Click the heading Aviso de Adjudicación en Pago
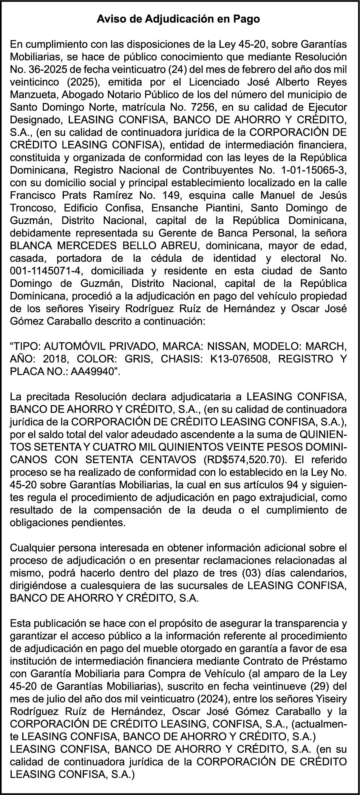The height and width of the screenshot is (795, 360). click(x=178, y=19)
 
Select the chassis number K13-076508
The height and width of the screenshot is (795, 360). click(x=238, y=359)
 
